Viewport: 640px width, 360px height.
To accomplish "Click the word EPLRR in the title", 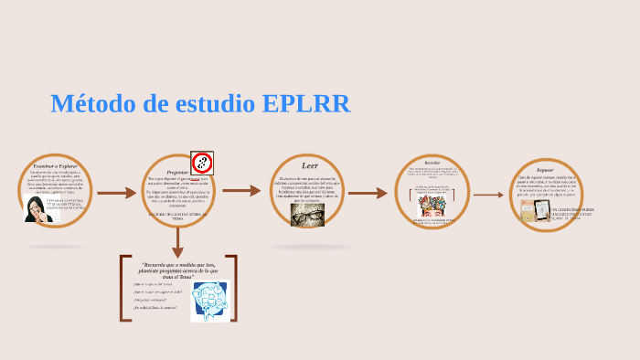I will [x=305, y=104].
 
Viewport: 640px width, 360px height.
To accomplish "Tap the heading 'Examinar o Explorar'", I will [x=56, y=165].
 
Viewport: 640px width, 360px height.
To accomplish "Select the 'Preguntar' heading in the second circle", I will [x=177, y=171].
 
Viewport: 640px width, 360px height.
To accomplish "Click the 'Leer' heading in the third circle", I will [x=309, y=165].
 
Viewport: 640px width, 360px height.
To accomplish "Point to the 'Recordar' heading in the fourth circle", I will [x=432, y=163].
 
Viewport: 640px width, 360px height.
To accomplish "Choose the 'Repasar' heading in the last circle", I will [x=545, y=169].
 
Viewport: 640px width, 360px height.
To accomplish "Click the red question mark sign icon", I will [x=202, y=163].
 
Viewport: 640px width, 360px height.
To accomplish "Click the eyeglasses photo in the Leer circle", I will [x=307, y=214].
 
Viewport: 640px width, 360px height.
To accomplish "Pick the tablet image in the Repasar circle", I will [x=529, y=212].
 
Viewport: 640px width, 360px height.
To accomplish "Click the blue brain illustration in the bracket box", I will [x=209, y=301].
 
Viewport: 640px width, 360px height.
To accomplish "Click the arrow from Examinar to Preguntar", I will [x=116, y=193].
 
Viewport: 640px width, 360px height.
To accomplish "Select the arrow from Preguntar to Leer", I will [x=241, y=191].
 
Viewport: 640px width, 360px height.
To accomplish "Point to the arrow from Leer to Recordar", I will [x=368, y=193].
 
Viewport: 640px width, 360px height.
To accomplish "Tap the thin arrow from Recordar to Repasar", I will [x=488, y=195].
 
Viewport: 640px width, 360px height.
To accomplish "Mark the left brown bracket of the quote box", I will [x=123, y=288].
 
